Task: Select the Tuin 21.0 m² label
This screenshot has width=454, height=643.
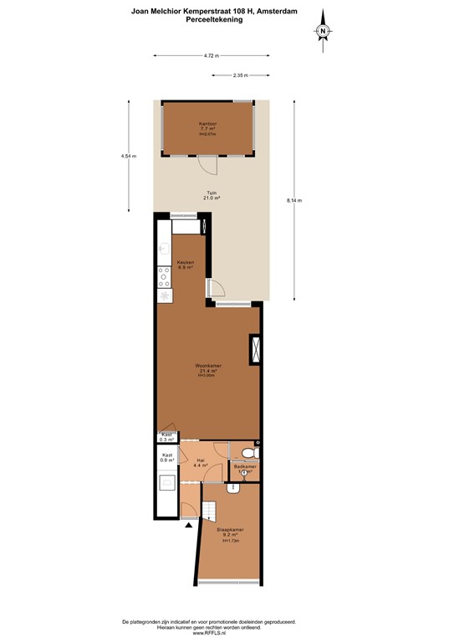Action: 212,195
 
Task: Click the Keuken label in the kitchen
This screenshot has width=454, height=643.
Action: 186,265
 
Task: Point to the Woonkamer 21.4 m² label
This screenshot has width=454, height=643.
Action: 208,369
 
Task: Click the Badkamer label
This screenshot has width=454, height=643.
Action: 244,467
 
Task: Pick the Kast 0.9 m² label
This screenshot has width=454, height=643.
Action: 167,457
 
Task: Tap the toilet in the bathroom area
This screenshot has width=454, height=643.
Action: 257,453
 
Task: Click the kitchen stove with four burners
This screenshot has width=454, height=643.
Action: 164,280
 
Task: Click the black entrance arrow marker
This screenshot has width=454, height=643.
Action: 188,525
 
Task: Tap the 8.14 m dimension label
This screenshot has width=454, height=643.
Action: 293,200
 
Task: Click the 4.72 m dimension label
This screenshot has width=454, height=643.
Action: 211,56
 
